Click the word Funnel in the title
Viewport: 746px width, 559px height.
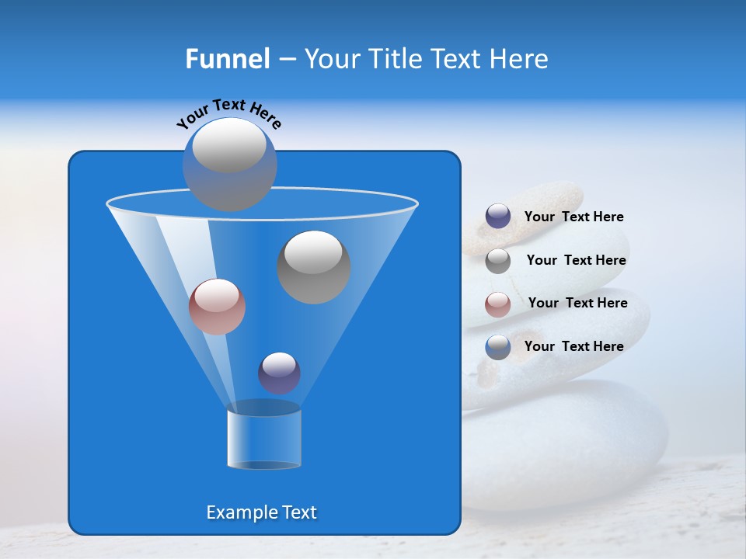(227, 59)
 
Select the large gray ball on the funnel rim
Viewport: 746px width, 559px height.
(230, 164)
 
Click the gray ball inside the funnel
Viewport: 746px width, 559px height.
(314, 267)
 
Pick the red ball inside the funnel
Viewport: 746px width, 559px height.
(217, 307)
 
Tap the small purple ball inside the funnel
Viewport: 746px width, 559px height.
(279, 373)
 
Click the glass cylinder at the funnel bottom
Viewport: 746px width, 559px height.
(264, 439)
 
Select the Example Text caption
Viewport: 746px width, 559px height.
(262, 512)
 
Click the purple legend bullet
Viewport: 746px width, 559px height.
(498, 217)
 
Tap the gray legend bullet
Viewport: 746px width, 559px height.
(498, 261)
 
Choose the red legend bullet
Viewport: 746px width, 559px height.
(498, 304)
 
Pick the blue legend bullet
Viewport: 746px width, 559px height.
(498, 347)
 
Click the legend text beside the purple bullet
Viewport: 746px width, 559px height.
(573, 217)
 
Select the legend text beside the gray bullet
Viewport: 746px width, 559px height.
(576, 260)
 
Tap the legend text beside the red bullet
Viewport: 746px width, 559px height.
(577, 303)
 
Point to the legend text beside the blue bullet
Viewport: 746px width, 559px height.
(573, 346)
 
